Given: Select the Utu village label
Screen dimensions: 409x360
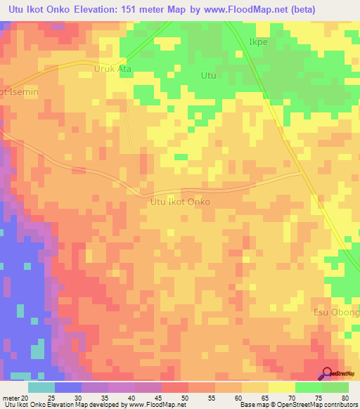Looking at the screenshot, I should point(208,75).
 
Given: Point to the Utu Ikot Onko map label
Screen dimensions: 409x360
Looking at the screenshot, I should point(180,201).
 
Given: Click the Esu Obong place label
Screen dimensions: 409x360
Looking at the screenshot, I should point(336,312).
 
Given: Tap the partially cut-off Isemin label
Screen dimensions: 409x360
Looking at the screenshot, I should point(18,91).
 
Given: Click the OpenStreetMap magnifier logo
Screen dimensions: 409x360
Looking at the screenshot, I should point(328,373).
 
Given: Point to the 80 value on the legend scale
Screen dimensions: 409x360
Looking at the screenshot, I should point(344,397).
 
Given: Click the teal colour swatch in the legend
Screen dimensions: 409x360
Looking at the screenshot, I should point(41,387).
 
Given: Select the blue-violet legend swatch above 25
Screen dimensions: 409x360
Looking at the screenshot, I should point(68,387).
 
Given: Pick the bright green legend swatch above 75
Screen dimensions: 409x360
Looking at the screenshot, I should point(309,387).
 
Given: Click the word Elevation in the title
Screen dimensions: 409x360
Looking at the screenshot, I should point(101,9).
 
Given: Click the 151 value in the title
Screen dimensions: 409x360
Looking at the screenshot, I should point(139,9).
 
